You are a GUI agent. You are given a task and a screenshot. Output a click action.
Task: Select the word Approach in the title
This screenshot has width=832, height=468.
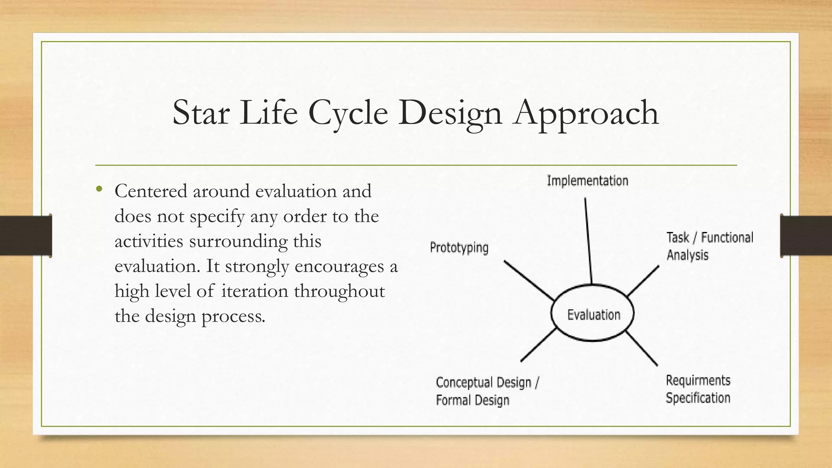pos(586,113)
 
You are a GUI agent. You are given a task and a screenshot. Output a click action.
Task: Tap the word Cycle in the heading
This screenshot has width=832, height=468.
pos(348,113)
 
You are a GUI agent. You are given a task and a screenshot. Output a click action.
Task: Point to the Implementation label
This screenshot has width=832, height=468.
pos(587,181)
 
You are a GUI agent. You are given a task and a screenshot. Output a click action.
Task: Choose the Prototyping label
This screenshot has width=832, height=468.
pos(459,247)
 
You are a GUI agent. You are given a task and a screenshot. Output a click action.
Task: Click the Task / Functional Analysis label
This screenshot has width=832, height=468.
pos(709,246)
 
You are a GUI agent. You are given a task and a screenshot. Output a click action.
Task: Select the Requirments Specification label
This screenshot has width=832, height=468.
pos(698,389)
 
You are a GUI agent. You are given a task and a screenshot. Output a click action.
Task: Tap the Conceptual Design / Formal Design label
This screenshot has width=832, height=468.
pos(487,391)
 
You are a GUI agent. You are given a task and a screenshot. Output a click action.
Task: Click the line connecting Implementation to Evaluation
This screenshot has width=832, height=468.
pos(588,240)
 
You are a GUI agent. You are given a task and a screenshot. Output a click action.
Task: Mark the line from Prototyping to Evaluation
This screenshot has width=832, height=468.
pos(529,281)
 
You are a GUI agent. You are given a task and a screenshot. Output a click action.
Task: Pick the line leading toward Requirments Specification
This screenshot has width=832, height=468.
pos(641,349)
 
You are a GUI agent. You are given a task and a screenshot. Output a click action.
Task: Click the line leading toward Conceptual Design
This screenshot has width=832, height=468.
pos(538,345)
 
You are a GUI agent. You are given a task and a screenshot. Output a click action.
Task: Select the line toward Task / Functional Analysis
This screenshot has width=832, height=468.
pos(643,281)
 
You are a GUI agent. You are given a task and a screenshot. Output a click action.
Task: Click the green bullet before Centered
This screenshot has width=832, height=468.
pos(99,189)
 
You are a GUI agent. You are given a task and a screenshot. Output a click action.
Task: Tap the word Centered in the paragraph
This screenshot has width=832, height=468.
pos(151,191)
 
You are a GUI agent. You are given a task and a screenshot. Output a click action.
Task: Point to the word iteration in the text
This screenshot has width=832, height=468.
pos(255,291)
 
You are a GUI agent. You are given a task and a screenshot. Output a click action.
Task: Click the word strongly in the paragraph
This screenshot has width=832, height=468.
pos(257,266)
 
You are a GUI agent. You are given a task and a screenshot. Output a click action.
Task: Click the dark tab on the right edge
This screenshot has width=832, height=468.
pos(806,236)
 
